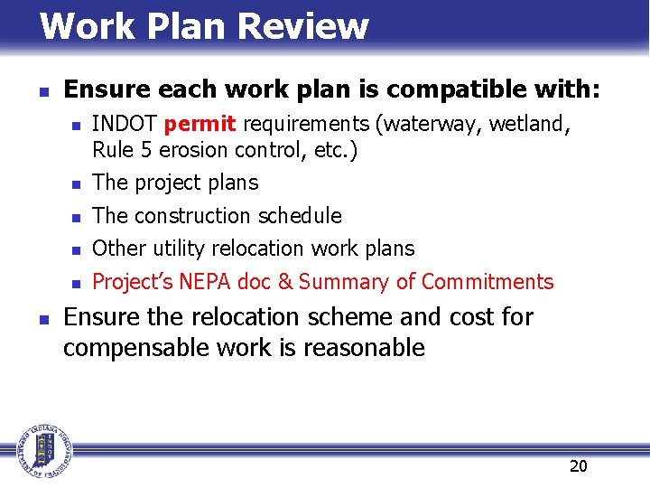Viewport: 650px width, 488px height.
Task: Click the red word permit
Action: [x=200, y=123]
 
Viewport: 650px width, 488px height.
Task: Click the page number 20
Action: [x=578, y=465]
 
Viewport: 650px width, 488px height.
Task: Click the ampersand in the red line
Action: [x=285, y=282]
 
